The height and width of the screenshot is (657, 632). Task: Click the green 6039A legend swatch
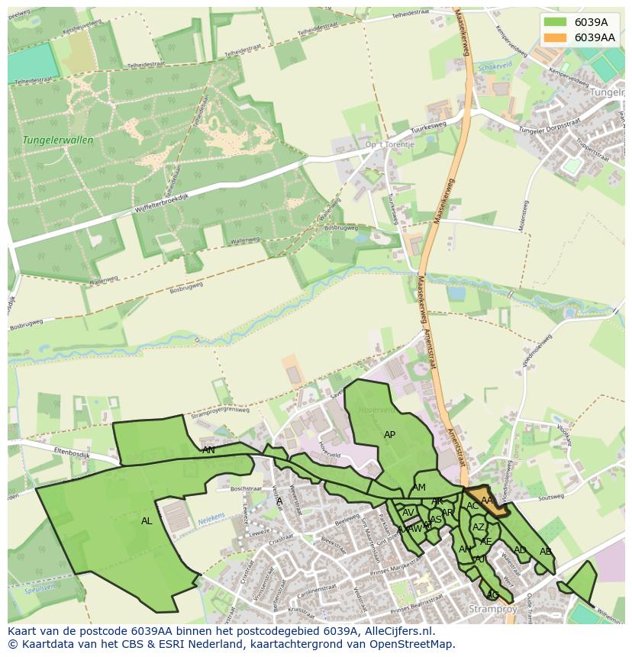(556, 22)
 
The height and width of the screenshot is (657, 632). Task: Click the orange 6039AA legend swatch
(556, 37)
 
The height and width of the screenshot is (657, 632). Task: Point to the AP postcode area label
(389, 435)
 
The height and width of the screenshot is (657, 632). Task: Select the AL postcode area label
(147, 521)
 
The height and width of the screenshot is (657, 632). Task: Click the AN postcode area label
(208, 450)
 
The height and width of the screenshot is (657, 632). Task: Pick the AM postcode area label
(419, 488)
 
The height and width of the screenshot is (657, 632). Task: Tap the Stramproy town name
(492, 610)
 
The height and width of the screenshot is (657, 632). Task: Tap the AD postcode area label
(520, 550)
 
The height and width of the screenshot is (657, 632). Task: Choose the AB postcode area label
(545, 552)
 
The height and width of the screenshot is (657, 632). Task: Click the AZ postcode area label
(479, 527)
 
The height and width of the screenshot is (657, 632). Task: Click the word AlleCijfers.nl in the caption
(396, 632)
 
